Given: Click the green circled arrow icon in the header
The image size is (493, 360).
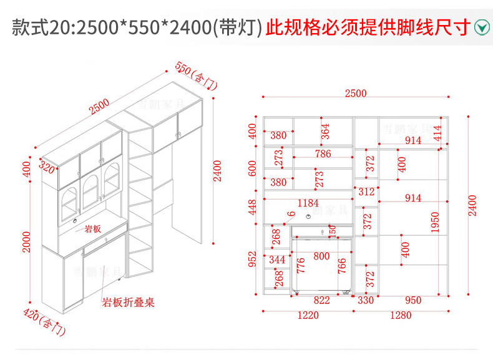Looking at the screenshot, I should [482, 27].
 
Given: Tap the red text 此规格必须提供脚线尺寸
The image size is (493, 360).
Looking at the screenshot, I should [368, 27].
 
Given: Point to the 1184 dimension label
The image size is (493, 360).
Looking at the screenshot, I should [308, 203].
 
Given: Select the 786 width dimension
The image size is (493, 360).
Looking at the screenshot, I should [323, 153].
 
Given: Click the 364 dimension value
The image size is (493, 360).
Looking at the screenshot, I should [325, 132].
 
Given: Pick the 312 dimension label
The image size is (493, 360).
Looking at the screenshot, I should [367, 192].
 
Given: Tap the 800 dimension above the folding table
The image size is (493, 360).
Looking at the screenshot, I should [321, 256].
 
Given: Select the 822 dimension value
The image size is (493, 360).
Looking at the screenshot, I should [321, 300].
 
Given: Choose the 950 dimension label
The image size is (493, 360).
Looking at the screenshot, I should [413, 300].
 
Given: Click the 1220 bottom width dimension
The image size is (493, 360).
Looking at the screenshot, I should [307, 315].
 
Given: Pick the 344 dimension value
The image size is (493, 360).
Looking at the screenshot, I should [277, 259].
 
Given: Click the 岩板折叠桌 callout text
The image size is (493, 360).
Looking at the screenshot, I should [129, 303].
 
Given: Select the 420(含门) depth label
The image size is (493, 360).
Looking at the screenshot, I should [44, 321].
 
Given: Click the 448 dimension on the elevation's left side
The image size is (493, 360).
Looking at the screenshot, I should [253, 207].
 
